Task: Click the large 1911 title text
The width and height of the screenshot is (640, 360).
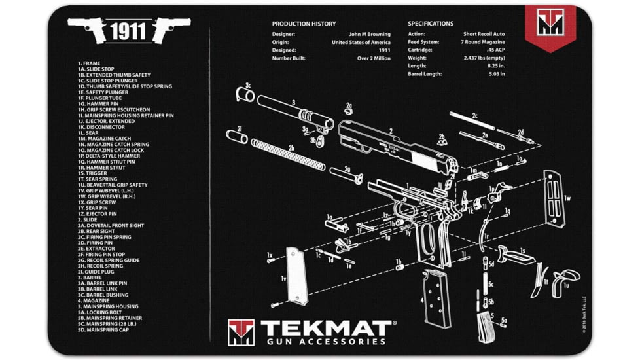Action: pyautogui.click(x=128, y=31)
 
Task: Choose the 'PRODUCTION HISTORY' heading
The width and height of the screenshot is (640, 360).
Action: pyautogui.click(x=304, y=24)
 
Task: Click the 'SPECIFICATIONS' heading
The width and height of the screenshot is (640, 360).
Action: pyautogui.click(x=430, y=24)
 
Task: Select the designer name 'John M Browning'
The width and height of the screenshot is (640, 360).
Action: pyautogui.click(x=370, y=34)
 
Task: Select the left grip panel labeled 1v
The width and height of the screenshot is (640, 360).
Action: pyautogui.click(x=295, y=276)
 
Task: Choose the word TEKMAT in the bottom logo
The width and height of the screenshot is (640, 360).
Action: pyautogui.click(x=326, y=327)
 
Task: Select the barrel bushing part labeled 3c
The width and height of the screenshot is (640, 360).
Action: pyautogui.click(x=245, y=95)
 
